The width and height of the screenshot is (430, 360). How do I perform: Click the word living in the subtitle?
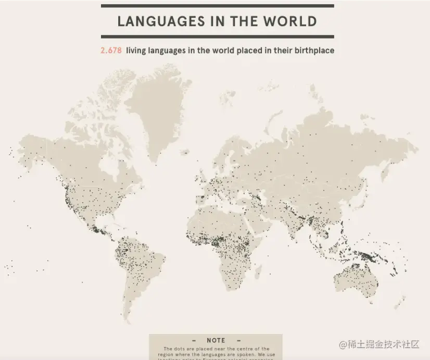[x=138, y=51]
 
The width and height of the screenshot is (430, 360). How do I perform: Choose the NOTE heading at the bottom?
[x=216, y=340]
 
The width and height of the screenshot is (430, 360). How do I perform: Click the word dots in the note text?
[x=183, y=349]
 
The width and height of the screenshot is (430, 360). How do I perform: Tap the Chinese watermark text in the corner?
[x=379, y=344]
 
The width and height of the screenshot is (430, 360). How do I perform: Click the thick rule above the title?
[x=217, y=6]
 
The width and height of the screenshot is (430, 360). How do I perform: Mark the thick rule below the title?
[x=217, y=36]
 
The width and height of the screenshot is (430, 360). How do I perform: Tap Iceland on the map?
[x=185, y=153]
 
